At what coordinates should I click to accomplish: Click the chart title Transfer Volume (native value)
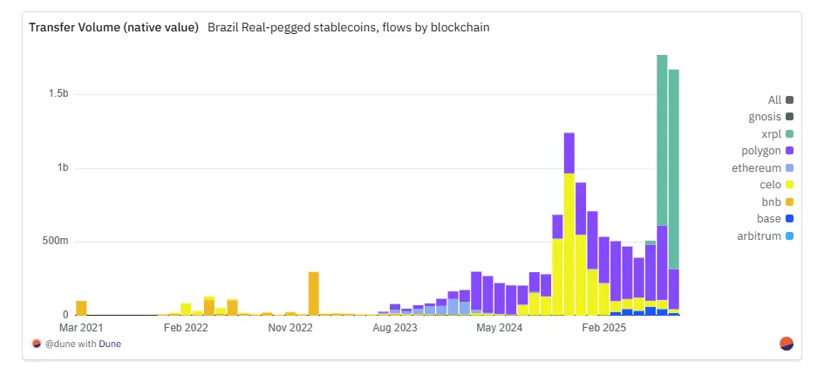coord(113,27)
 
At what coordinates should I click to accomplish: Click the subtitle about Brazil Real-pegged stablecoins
coord(349,27)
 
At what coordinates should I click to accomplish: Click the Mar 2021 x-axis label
coord(82,328)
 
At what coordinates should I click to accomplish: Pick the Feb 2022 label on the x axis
coord(185,328)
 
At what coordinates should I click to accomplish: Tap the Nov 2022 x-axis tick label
coord(289,328)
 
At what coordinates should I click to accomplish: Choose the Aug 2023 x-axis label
coord(395,328)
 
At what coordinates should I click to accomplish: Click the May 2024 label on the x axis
coord(500,328)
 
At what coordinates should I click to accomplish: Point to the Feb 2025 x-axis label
coord(604,328)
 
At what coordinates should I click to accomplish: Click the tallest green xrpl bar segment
coord(662,140)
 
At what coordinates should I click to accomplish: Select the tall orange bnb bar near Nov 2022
coord(313,293)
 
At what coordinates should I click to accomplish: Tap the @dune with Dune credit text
coord(79,343)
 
